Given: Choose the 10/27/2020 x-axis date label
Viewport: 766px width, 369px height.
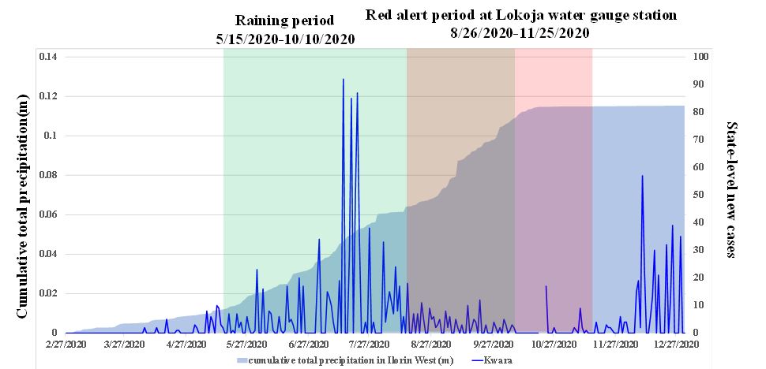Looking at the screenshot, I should tap(552, 344).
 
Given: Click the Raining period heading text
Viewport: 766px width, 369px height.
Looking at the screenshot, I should tap(285, 20).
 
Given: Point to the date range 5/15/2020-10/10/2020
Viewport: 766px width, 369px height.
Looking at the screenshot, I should tap(285, 39).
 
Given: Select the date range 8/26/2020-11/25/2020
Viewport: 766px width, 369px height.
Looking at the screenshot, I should tap(521, 34).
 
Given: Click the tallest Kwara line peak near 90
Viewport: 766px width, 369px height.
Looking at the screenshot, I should tap(343, 79).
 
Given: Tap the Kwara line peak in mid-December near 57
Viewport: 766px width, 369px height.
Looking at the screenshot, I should tap(642, 176).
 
